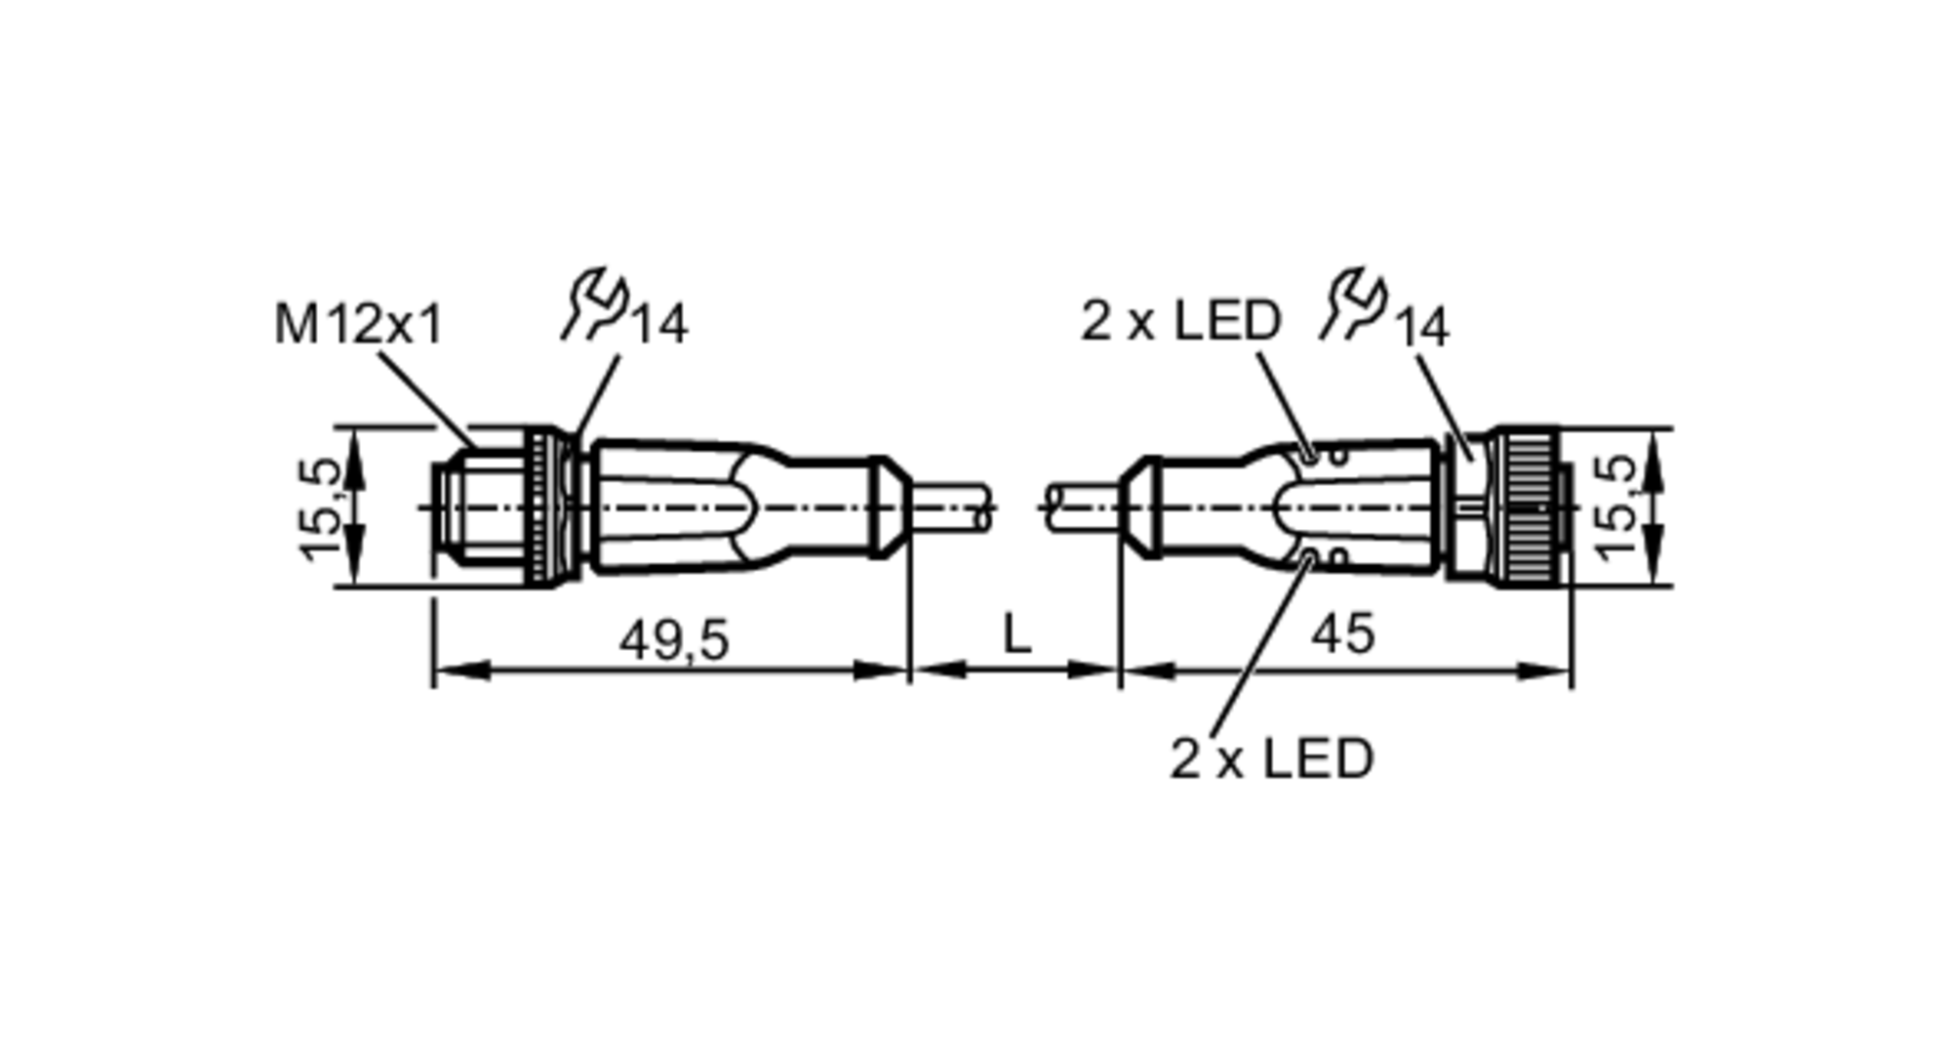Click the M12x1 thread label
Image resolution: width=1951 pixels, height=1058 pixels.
[x=358, y=324]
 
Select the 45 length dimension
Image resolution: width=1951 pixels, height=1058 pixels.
[x=1342, y=634]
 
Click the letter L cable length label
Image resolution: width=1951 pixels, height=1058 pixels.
[x=1016, y=635]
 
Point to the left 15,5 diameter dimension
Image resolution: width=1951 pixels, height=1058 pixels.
[x=321, y=509]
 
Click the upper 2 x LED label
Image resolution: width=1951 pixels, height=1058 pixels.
[x=1180, y=320]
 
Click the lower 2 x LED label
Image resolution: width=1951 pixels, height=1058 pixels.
[x=1271, y=758]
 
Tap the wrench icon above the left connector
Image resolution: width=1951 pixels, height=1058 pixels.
[x=595, y=305]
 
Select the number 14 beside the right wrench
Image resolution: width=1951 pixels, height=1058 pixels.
[x=1421, y=327]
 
